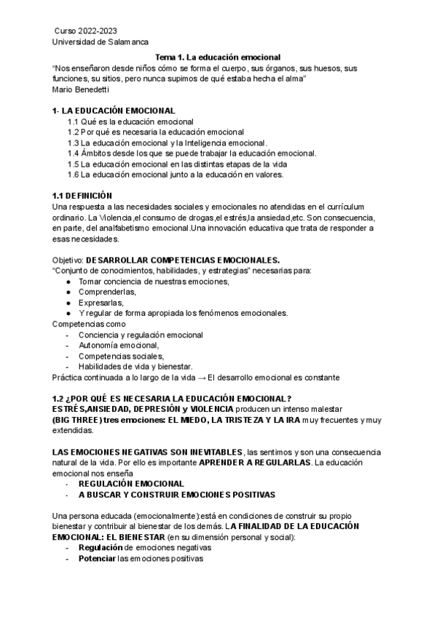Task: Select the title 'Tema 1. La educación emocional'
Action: point(219,57)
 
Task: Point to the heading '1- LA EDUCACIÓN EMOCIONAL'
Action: point(114,111)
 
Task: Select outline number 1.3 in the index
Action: point(73,143)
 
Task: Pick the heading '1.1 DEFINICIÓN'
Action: point(82,196)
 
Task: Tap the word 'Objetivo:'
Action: point(68,260)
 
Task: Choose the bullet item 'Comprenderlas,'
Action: point(108,292)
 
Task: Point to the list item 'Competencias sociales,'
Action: point(122,357)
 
